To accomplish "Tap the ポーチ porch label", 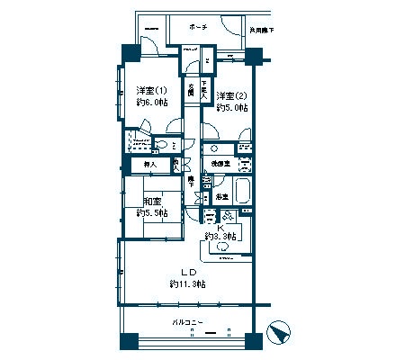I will point(199,27).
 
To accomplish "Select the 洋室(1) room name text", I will point(151,91).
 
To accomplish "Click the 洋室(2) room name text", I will point(231,95).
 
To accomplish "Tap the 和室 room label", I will point(151,202).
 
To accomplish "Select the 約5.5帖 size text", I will point(151,213).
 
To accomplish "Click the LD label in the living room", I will point(188,272).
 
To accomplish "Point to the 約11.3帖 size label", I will point(188,284).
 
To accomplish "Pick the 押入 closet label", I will point(150,165).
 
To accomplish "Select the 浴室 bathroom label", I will point(220,195).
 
